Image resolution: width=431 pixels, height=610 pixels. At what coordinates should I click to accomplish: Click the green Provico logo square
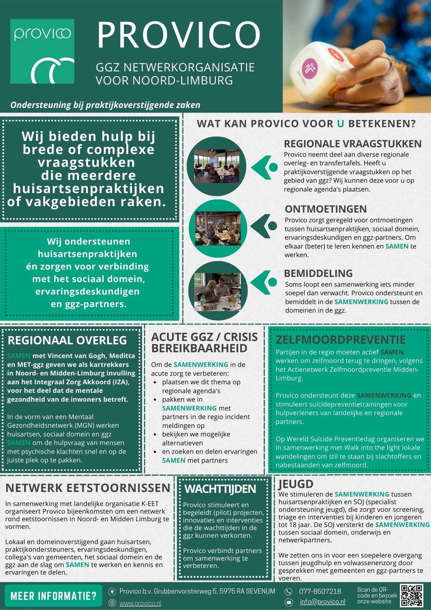coord(42,51)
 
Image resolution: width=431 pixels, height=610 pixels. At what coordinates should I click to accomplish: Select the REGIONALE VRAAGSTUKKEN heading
coord(353,144)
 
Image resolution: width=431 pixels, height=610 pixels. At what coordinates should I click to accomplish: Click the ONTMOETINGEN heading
coord(326,209)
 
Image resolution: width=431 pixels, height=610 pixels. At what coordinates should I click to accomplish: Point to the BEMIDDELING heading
coord(318,273)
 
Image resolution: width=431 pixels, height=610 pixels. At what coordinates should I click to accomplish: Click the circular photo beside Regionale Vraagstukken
coord(216,166)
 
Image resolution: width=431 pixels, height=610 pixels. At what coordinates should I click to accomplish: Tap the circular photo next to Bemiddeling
coord(218,292)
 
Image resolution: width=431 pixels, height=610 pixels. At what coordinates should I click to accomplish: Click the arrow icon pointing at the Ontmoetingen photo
coord(263,226)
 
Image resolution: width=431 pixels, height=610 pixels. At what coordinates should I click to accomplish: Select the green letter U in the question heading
coord(340,124)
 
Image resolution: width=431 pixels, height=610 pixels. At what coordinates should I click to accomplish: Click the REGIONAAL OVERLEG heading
coord(67,340)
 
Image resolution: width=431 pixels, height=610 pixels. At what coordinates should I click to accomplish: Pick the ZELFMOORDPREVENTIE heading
coord(340,340)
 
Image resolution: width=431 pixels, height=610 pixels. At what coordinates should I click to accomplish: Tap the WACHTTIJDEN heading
coord(220,489)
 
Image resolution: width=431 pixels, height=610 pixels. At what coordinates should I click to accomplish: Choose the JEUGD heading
coord(296,484)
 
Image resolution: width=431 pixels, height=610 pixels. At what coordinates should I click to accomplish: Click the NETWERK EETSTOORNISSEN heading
coord(88,488)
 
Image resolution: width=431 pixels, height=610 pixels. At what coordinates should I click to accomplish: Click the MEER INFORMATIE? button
coord(53,596)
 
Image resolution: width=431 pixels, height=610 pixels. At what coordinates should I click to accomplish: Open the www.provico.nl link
coord(140,603)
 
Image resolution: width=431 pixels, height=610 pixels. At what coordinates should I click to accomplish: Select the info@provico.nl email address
coord(322,602)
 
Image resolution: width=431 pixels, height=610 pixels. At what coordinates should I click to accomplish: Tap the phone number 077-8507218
coord(320,591)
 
